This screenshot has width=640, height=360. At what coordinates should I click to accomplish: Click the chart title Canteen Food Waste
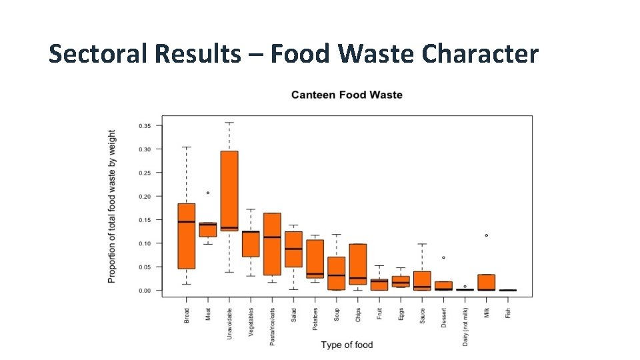[x=347, y=95]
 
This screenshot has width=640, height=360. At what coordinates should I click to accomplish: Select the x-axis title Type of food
[x=347, y=345]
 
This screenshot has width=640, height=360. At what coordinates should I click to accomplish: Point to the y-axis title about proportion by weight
[x=112, y=206]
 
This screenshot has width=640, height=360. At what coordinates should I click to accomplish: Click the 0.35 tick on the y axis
[x=144, y=125]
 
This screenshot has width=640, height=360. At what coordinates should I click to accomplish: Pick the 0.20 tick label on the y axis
[x=144, y=196]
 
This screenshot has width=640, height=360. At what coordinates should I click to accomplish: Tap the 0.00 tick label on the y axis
[x=144, y=291]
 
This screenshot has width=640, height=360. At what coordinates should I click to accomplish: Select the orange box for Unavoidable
[x=229, y=190]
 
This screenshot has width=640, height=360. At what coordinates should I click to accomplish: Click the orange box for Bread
[x=187, y=236]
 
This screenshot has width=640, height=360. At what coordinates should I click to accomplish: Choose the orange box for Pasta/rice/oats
[x=272, y=244]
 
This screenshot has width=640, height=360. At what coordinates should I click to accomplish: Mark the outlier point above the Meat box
[x=208, y=193]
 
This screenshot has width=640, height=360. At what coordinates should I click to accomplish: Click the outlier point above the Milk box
[x=487, y=235]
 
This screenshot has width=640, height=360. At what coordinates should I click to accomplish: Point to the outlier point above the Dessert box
[x=444, y=257]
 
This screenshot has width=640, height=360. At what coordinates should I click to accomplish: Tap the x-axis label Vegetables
[x=251, y=321]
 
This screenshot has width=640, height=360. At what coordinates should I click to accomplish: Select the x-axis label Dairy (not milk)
[x=465, y=326]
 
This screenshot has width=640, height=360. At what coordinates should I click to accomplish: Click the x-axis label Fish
[x=508, y=312]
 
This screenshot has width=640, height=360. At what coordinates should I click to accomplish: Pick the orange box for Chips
[x=358, y=264]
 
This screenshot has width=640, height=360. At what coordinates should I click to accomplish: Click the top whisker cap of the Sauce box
[x=422, y=244]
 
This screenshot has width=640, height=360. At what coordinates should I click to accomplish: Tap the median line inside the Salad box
[x=293, y=249]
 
